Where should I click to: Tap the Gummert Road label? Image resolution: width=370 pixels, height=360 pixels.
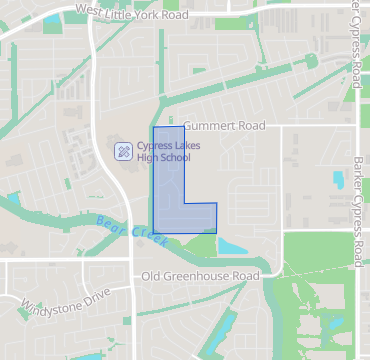(x=224, y=126)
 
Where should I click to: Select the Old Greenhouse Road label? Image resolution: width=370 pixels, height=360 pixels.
(x=200, y=276)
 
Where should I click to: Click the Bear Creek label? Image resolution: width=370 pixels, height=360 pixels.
(x=133, y=230)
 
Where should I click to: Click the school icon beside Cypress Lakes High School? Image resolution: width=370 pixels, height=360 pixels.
(x=123, y=151)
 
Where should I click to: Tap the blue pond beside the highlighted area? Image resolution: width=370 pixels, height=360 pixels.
(x=232, y=244)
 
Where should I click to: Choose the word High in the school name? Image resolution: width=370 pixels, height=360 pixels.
(x=148, y=158)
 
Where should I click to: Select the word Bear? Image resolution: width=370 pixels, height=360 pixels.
(x=112, y=223)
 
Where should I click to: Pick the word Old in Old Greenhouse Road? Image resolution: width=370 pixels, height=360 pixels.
(x=151, y=276)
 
